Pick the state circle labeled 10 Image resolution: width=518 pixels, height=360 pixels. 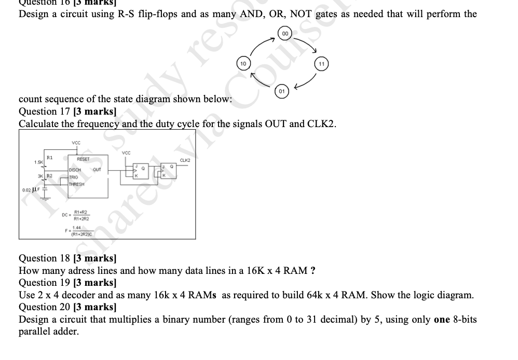tap(243, 63)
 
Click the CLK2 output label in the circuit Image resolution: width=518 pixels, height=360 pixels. tap(185, 160)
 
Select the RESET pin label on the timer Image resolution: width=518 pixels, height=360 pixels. tap(83, 159)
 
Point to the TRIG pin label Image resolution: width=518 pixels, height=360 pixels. tap(74, 177)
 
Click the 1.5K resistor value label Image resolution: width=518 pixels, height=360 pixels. tap(39, 163)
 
